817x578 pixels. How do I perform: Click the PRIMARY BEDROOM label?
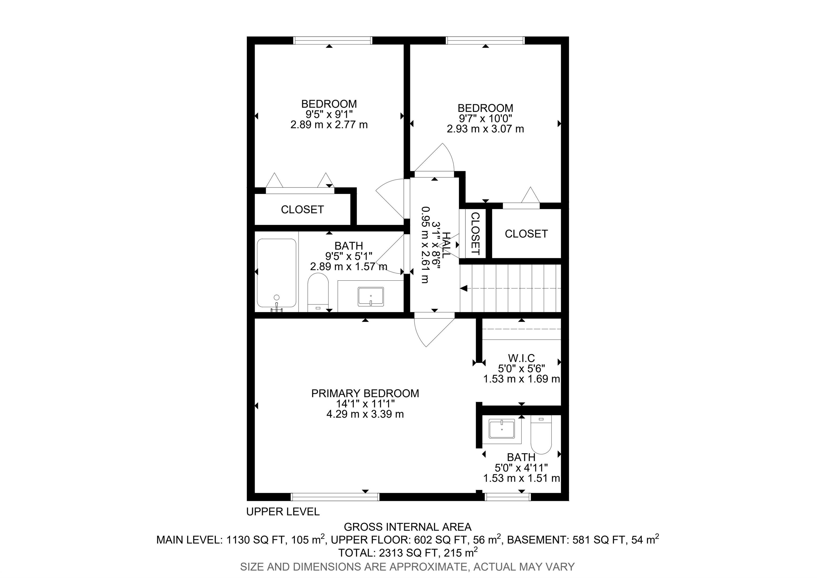(365, 393)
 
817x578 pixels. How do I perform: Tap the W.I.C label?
(521, 358)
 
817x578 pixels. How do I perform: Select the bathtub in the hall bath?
(277, 273)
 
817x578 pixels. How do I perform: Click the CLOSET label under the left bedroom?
(302, 210)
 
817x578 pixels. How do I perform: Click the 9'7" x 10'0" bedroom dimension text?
(485, 118)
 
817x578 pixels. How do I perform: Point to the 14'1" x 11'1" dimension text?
(365, 404)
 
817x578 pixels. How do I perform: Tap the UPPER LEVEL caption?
(283, 512)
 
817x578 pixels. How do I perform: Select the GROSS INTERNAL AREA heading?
(408, 527)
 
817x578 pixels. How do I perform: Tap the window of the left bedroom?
(333, 40)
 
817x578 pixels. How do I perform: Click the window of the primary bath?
(508, 497)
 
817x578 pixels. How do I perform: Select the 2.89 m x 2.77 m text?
(329, 125)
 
